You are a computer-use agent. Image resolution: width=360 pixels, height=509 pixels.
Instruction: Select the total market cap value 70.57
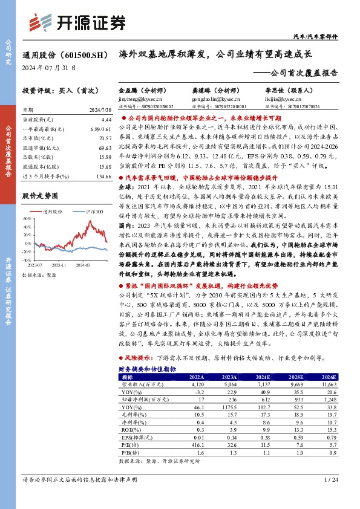(101, 138)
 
